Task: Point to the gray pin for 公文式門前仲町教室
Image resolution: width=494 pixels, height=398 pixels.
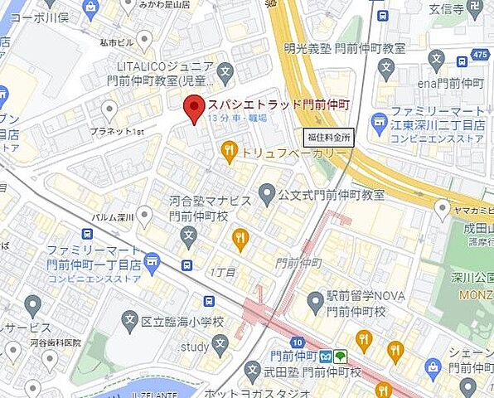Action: tap(267, 195)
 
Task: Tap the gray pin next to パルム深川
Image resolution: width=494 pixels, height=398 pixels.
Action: tap(145, 216)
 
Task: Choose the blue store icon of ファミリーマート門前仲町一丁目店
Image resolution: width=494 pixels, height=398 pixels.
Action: tap(151, 263)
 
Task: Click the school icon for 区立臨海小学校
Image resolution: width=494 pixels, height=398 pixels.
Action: tap(129, 319)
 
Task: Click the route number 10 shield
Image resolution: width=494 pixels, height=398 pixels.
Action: tap(297, 342)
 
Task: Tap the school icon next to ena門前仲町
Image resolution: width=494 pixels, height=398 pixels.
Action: tap(437, 57)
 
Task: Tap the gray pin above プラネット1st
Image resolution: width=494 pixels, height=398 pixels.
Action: tap(109, 109)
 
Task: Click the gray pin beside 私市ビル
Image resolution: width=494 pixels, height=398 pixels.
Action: tap(145, 38)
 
